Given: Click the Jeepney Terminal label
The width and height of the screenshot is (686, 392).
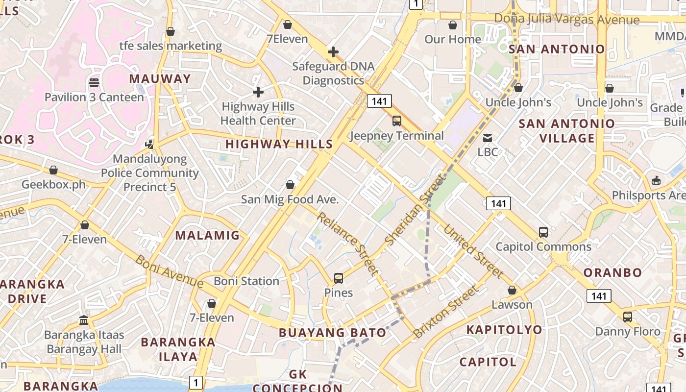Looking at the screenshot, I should (x=397, y=136).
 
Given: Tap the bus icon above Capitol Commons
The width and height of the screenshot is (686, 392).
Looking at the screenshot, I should (x=543, y=232).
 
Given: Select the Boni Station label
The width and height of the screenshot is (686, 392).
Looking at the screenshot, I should (x=246, y=281).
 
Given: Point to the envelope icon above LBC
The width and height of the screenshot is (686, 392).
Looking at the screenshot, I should (x=488, y=138).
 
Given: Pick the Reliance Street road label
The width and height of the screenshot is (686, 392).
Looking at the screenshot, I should (x=348, y=244).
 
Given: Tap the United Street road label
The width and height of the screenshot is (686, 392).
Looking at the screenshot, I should (x=473, y=251).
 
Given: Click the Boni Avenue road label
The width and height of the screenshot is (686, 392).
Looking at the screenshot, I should (x=169, y=271).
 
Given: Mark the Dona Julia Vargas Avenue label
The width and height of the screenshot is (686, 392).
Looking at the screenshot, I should (x=567, y=19).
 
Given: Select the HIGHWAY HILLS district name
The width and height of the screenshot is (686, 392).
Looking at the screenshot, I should (x=279, y=144).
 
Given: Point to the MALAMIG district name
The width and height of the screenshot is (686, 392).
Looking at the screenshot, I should (x=208, y=235).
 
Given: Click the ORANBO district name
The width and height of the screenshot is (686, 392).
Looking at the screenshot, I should (x=612, y=272).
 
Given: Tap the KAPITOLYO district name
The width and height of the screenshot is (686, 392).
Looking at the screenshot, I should (x=504, y=329).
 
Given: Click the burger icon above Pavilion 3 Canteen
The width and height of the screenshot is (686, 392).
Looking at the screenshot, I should (x=94, y=83).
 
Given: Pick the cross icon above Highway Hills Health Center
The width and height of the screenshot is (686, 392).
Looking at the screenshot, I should (x=258, y=92).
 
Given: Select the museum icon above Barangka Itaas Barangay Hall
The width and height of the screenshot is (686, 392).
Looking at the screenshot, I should (x=84, y=320).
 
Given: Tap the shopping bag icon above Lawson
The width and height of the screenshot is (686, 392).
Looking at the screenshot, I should (x=512, y=291).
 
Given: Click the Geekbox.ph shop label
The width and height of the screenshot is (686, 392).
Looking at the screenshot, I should (x=53, y=185).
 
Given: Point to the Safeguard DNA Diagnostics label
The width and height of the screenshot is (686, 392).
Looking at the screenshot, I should (x=333, y=73).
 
